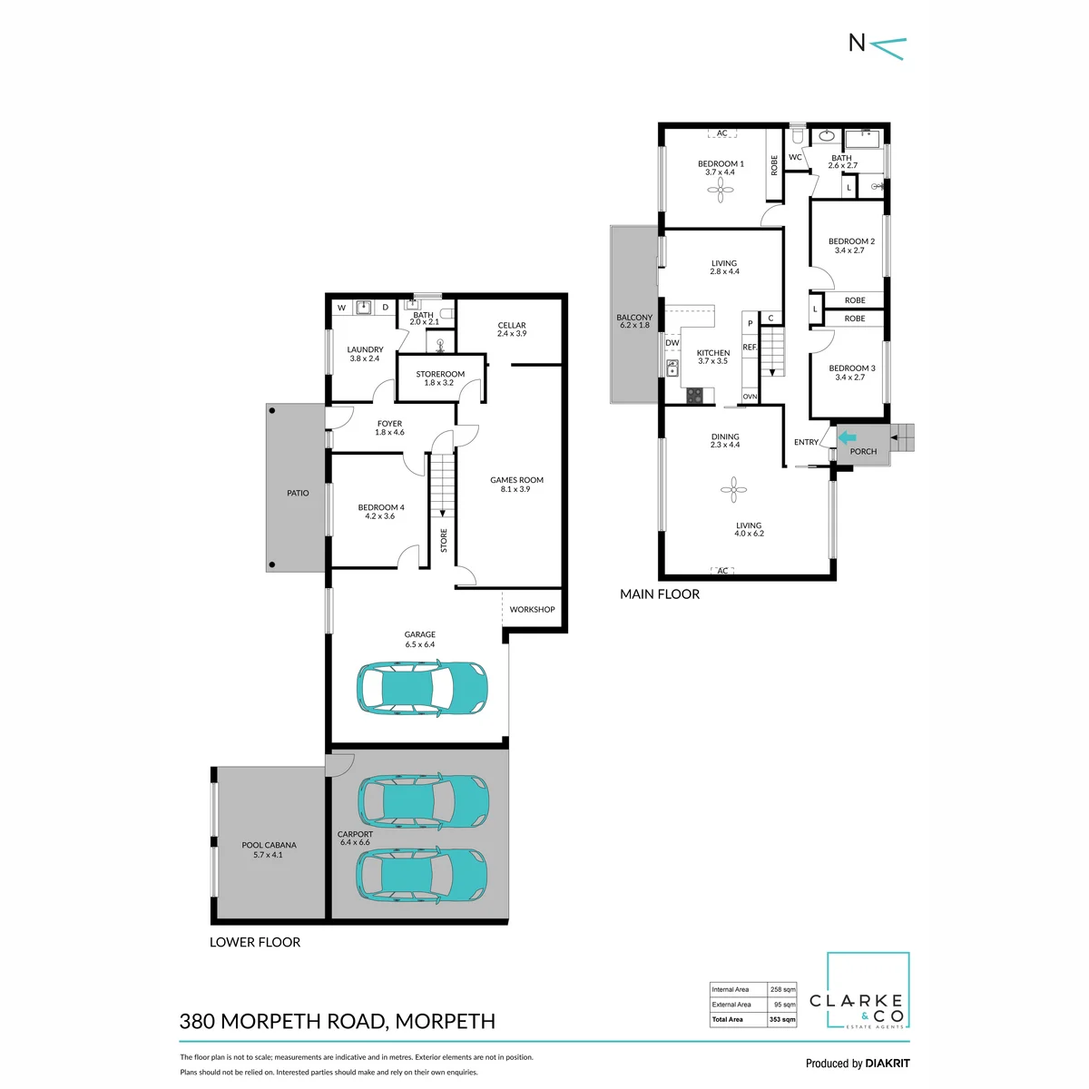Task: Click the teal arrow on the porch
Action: coord(847,437)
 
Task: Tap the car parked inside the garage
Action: coord(422,688)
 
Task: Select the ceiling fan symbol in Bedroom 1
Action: coord(720,190)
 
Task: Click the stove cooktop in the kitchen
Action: coord(694,396)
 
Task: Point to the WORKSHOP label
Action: coord(532,609)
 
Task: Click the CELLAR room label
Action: coord(512,325)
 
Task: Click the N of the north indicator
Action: coord(857,43)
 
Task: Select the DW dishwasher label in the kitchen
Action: coord(672,343)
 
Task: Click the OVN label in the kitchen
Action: coord(750,397)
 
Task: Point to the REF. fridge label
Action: coord(750,347)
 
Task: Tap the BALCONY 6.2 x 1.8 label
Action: coord(634,321)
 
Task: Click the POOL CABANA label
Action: coord(269,845)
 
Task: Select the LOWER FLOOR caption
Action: coord(255,942)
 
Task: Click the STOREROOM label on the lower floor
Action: coord(440,374)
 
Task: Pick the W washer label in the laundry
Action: coord(341,308)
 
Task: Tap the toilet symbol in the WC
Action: coord(798,135)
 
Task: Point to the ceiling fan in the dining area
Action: coord(733,489)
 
